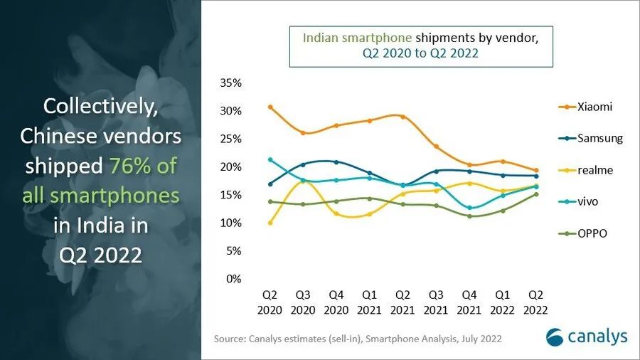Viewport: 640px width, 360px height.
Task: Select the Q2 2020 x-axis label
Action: pos(270,302)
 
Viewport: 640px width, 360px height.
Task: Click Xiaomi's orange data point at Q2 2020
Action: pos(270,107)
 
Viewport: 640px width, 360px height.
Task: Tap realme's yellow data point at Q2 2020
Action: pos(270,223)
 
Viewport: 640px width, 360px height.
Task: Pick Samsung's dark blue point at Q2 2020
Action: pos(270,184)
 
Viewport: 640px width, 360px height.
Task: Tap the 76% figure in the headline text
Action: pos(133,166)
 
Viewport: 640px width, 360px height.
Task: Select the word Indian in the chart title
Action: pos(321,38)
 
